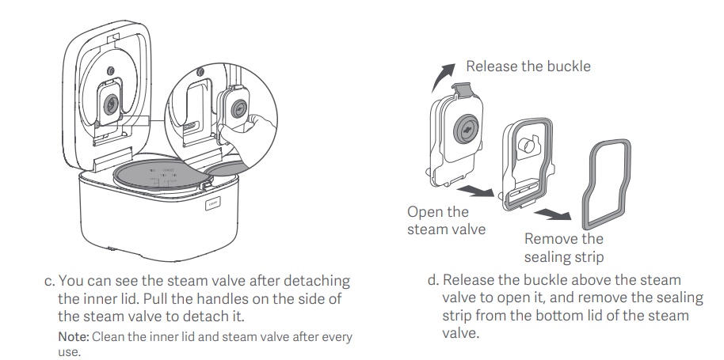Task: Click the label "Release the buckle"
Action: (528, 66)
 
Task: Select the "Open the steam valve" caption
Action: (438, 221)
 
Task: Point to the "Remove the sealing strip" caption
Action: (563, 248)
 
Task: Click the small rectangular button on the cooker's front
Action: (213, 203)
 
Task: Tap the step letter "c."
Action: (51, 282)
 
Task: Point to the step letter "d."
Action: (433, 281)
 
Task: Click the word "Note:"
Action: (74, 337)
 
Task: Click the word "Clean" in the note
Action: (110, 337)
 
